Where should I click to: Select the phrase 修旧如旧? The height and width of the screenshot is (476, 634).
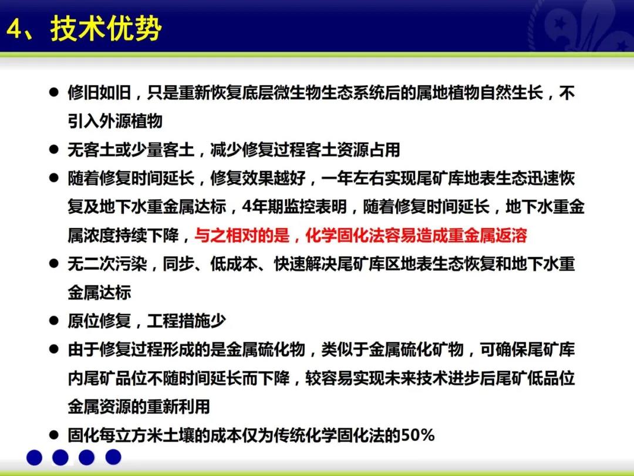(99, 93)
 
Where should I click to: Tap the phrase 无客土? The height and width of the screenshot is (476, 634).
(92, 150)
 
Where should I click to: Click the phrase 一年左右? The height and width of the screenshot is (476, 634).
(353, 179)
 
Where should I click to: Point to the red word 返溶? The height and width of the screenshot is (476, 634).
(511, 235)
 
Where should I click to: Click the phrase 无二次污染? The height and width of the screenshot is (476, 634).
(107, 264)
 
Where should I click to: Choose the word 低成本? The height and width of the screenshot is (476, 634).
(234, 264)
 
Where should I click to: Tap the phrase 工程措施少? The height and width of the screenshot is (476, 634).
(187, 321)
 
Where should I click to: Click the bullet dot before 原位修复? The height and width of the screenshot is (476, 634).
(54, 321)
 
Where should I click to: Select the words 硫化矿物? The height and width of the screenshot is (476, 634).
(432, 349)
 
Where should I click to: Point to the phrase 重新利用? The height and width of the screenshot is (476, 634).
(178, 407)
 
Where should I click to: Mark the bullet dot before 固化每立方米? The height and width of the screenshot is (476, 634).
(54, 435)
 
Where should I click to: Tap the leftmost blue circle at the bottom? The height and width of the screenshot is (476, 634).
(35, 457)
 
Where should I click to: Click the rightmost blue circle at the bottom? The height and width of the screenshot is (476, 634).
(113, 457)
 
